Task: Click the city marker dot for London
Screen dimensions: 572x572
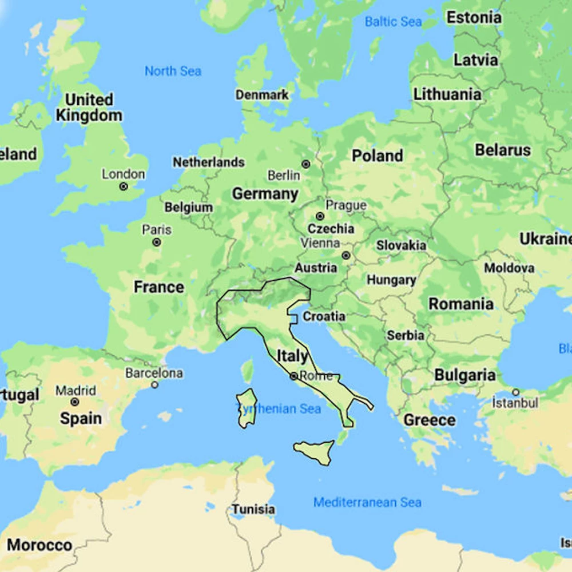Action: tap(123, 186)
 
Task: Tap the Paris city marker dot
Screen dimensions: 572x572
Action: tap(156, 243)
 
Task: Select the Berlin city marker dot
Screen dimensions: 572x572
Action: tap(306, 164)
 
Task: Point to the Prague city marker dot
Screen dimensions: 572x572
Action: tap(320, 216)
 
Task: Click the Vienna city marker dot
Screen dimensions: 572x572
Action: tap(345, 255)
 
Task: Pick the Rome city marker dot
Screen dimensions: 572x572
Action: tap(293, 376)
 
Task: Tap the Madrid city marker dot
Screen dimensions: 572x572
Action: tap(74, 402)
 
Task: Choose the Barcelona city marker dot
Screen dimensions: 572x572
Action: tap(154, 385)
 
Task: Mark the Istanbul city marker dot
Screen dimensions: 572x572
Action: tap(515, 392)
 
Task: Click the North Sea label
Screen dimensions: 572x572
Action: tap(173, 71)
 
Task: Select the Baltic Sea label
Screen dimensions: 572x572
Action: tap(393, 22)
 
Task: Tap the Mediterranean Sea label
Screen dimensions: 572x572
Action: tap(367, 502)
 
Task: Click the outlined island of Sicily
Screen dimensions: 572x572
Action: tap(315, 452)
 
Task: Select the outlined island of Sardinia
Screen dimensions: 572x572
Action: tap(247, 408)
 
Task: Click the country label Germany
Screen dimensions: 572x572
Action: tap(265, 194)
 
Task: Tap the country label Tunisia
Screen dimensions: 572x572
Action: tap(253, 509)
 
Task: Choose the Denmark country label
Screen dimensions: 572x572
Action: tap(263, 95)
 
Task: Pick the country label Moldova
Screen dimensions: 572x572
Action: tap(509, 268)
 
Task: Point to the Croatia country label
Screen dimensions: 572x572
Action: tap(324, 316)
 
